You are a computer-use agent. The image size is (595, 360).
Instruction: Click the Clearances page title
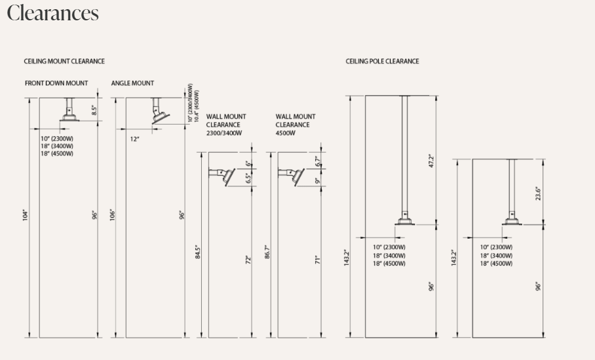point(52,13)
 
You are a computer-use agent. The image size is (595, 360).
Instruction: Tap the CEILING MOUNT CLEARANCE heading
point(64,61)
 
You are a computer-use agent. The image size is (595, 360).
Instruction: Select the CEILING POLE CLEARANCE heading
point(382,61)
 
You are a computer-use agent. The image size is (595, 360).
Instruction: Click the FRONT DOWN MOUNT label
point(56,83)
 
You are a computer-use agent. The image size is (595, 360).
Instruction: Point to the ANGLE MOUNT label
point(132,83)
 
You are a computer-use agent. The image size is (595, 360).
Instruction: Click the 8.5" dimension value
point(94,110)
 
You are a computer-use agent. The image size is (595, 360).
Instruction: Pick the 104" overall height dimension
point(26,215)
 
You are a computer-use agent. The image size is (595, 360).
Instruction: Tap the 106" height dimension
point(112,215)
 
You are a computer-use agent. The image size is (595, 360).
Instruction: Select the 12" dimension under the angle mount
point(135,139)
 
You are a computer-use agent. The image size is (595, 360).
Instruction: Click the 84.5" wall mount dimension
point(198,252)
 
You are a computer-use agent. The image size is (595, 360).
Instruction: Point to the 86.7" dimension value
point(267,252)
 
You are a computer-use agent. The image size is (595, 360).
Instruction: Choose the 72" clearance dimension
point(248,260)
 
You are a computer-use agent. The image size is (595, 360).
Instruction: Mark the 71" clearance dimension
point(318,260)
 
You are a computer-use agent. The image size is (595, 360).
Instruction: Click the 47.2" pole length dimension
point(431,161)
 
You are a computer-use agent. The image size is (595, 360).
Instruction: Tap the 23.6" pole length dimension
point(538,193)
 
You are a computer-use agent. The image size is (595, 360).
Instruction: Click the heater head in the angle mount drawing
point(161,118)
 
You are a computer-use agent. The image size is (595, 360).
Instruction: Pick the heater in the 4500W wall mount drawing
point(298,177)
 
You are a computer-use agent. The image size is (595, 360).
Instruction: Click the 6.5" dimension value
point(248,178)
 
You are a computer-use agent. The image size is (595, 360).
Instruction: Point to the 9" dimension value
point(318,180)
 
